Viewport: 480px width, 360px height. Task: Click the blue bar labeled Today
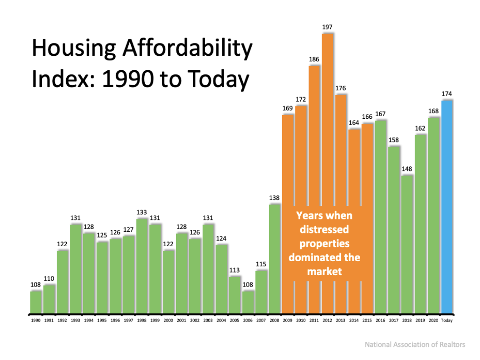447,206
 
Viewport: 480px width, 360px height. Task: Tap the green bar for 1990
36,302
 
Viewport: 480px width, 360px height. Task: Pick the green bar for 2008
275,258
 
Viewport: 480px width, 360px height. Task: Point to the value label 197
328,27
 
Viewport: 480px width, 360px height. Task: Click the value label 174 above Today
447,93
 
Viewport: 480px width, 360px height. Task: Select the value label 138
275,198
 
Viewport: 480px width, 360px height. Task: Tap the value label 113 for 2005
235,270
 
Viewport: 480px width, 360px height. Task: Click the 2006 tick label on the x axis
248,321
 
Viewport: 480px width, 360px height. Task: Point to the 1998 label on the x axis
142,321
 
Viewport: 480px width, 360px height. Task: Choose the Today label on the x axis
447,321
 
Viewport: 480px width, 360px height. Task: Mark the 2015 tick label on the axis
367,321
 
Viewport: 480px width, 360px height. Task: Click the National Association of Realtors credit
415,345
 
